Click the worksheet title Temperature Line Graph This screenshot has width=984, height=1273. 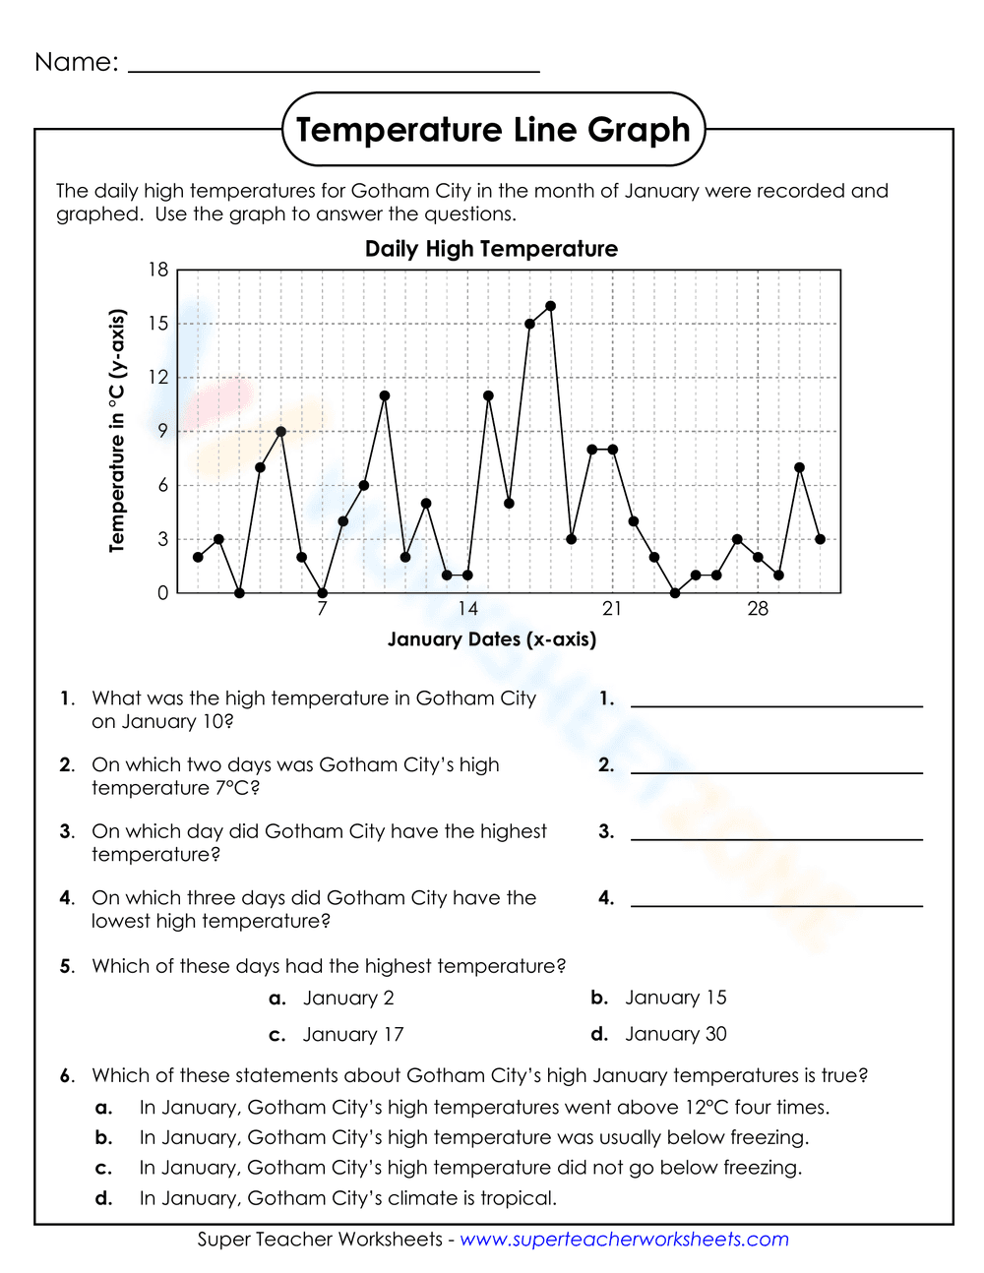(x=493, y=130)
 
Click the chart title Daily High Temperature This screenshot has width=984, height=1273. (x=491, y=249)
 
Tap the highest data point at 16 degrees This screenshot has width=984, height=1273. (x=550, y=306)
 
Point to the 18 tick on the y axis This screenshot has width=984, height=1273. (x=158, y=270)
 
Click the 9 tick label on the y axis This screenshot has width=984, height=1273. (x=162, y=431)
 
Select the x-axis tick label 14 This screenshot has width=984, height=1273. (x=467, y=609)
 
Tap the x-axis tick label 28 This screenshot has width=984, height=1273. (x=758, y=609)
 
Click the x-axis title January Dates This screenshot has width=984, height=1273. (x=491, y=639)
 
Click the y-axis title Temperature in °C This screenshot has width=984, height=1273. (x=117, y=431)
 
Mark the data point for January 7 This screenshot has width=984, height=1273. (x=322, y=593)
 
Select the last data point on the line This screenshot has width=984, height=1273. (x=820, y=539)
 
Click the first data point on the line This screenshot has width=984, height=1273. (x=198, y=557)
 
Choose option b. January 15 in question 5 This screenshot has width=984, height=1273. (x=675, y=998)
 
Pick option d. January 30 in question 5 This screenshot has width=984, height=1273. (x=675, y=1034)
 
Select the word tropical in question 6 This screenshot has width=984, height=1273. (x=517, y=1198)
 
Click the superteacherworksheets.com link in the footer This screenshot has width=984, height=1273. (x=624, y=1240)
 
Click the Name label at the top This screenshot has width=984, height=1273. (x=76, y=62)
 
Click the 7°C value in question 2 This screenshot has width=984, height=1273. (x=237, y=788)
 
